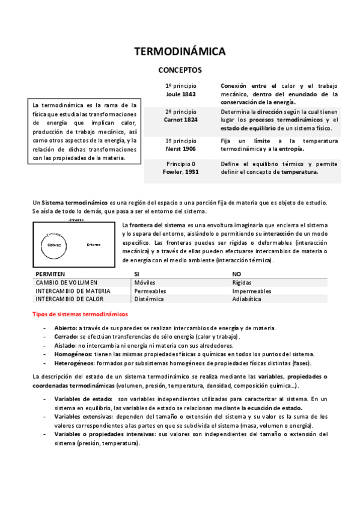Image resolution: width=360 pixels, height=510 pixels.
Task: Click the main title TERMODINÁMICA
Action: (x=180, y=52)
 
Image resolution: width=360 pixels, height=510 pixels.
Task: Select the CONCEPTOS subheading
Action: (x=180, y=70)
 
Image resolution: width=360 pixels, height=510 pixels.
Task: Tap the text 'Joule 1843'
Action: (x=181, y=94)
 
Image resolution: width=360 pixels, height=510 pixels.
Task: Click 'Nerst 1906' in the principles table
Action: (x=181, y=149)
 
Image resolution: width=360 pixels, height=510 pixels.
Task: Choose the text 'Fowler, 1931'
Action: (x=181, y=172)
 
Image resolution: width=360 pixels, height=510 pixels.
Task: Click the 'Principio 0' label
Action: (x=181, y=164)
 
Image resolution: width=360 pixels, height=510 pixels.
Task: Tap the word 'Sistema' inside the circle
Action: (x=55, y=245)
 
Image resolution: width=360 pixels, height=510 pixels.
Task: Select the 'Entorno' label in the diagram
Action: (x=93, y=245)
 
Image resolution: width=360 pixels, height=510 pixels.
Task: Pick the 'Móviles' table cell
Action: (x=145, y=282)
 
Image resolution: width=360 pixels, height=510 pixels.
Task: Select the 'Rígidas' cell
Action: (x=242, y=282)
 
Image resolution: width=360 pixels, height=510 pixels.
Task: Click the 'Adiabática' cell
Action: (x=246, y=299)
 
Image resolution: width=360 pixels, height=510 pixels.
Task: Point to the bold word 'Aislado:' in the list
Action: (x=66, y=346)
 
